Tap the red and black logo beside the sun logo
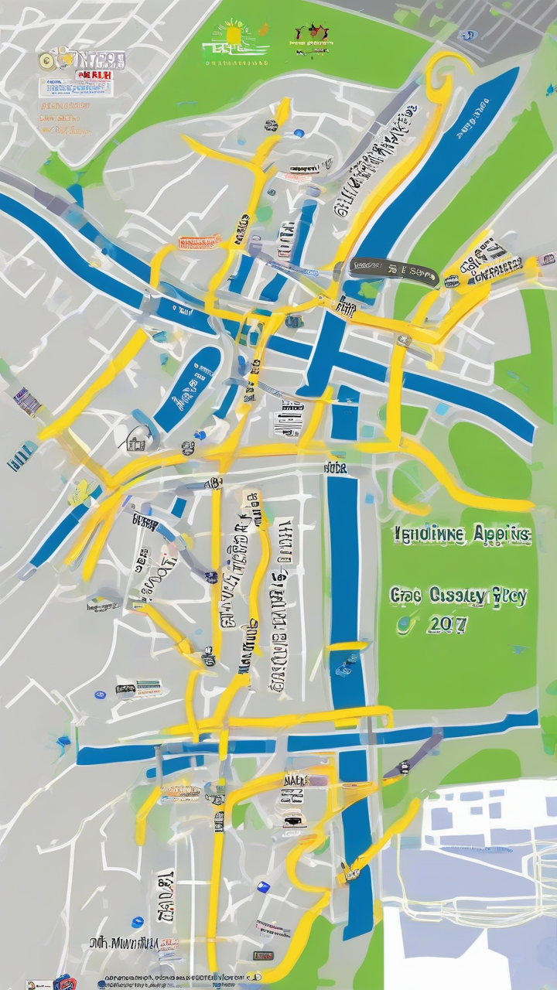[x=311, y=36]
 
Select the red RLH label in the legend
[x=94, y=75]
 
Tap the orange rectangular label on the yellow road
[x=200, y=243]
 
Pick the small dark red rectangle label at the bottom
[x=262, y=956]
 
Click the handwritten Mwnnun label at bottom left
[x=123, y=944]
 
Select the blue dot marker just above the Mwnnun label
[x=138, y=922]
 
